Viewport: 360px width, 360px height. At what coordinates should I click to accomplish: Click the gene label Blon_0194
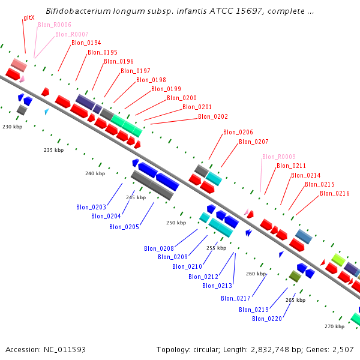[86, 43]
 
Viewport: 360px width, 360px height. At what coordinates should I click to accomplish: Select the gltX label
[28, 18]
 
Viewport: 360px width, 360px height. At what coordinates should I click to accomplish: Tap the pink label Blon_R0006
[55, 25]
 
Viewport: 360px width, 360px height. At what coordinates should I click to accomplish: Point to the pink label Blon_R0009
[278, 157]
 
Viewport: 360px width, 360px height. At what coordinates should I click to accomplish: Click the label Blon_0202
[212, 116]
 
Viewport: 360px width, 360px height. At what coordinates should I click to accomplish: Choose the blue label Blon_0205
[124, 227]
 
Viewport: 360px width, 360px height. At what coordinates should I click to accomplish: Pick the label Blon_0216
[335, 193]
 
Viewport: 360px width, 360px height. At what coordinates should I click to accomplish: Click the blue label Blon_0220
[266, 319]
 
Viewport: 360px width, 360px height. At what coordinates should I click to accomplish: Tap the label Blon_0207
[253, 142]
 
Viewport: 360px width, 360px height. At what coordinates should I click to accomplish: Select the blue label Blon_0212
[203, 277]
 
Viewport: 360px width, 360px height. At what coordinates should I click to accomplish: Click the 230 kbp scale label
[12, 127]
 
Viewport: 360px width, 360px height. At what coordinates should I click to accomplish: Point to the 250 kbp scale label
[176, 223]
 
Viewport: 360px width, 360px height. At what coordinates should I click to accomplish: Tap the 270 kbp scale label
[334, 326]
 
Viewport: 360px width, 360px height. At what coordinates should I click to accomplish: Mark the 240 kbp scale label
[95, 173]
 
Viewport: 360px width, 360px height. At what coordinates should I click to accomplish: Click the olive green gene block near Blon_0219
[295, 276]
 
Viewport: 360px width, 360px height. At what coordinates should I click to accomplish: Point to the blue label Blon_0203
[91, 207]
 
